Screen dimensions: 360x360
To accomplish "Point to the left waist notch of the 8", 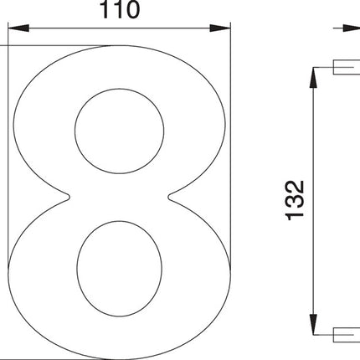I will click(69, 198).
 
